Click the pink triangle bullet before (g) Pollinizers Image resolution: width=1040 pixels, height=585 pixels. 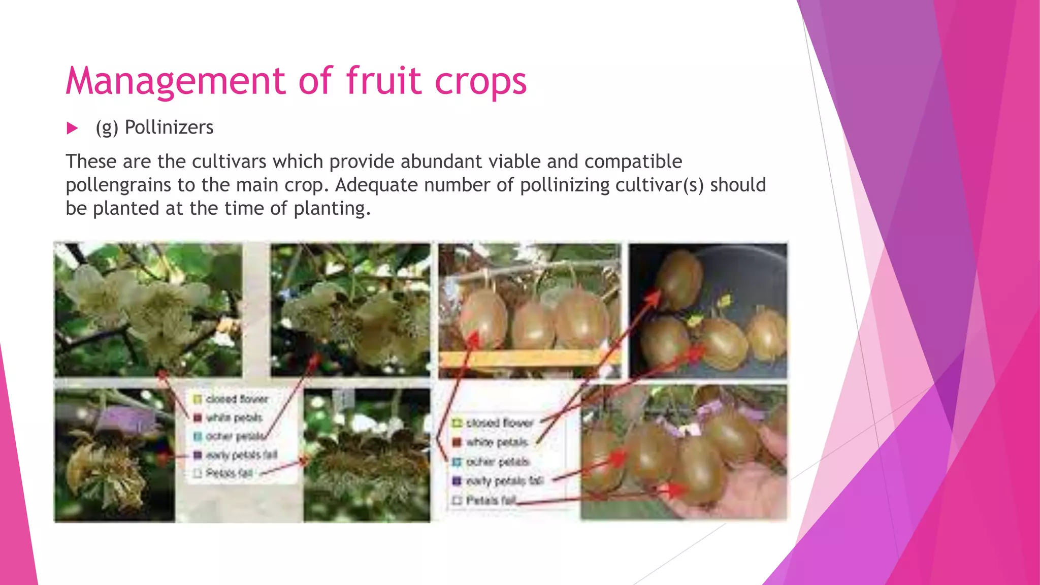coord(73,128)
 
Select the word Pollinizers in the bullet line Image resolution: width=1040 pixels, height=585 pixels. coord(169,127)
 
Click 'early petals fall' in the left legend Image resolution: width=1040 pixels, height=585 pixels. coord(241,454)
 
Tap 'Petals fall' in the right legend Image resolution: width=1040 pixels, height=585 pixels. coord(491,500)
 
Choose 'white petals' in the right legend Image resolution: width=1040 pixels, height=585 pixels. coord(497,442)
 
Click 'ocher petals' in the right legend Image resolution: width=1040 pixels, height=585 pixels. coord(498,462)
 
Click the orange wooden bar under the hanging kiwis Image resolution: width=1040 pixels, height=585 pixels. coord(528,359)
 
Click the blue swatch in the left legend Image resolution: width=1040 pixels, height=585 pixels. coord(198,436)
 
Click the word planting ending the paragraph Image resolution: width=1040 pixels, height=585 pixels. coord(330,208)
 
